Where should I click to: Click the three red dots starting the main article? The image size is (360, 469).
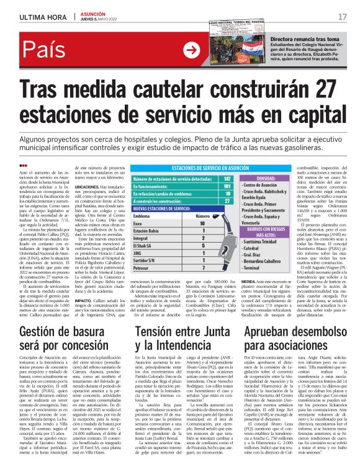pos(24,165)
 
